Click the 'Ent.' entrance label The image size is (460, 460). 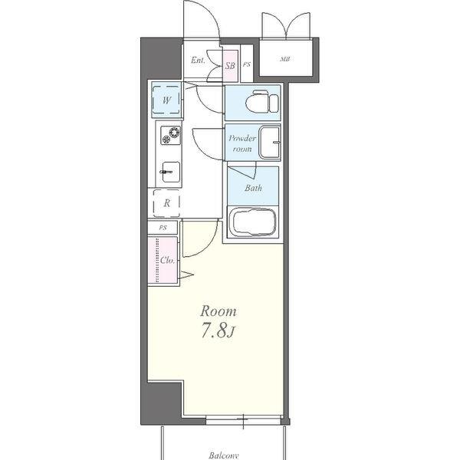(x=197, y=61)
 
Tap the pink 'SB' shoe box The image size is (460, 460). (x=230, y=66)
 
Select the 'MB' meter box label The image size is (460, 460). (x=285, y=59)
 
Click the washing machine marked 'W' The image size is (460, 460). (x=166, y=100)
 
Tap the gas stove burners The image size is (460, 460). (x=169, y=136)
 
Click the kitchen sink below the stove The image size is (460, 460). (x=169, y=172)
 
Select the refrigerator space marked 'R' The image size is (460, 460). (x=167, y=203)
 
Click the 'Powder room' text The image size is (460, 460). (x=242, y=143)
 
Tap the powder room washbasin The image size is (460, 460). (x=269, y=142)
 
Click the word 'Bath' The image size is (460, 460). (x=253, y=188)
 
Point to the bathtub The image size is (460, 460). (x=252, y=224)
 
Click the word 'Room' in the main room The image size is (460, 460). (x=219, y=311)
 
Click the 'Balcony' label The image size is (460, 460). (x=224, y=455)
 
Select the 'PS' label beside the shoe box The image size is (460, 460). (x=247, y=65)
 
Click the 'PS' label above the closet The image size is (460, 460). (x=163, y=228)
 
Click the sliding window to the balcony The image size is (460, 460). (x=242, y=419)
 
